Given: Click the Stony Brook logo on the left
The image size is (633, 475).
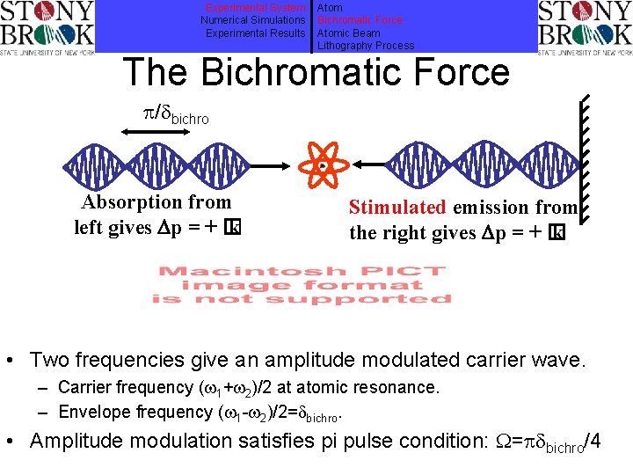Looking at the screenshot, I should point(47,27).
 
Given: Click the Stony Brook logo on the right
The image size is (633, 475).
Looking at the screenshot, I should point(584,27).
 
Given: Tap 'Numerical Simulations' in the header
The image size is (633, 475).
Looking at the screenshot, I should point(253,19).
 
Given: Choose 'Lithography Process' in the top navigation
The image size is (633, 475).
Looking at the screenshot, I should point(365,46).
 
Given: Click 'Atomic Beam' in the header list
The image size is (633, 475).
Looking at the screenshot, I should point(349,33).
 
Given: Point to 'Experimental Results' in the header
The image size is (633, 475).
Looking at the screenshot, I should point(255,33).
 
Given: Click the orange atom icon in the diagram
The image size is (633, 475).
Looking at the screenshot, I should point(324,165).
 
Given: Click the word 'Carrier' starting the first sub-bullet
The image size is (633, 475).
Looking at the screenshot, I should point(85,387).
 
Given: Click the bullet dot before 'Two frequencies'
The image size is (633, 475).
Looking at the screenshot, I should point(15,361).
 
